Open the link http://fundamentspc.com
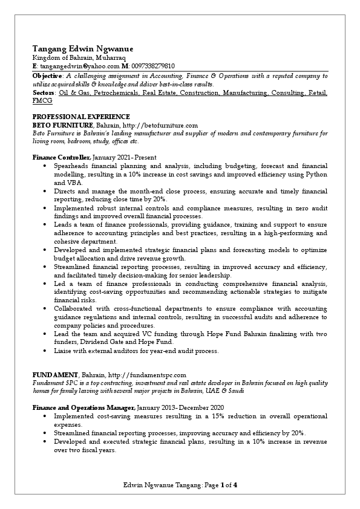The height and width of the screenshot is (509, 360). coord(147,375)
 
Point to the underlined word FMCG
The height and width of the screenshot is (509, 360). coord(42,101)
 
